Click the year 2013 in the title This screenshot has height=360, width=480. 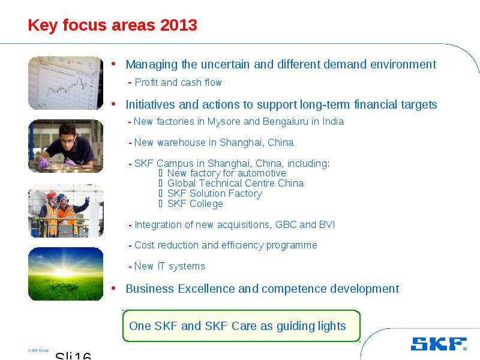pos(178,25)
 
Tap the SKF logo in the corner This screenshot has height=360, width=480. pos(439,344)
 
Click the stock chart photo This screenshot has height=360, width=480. pos(66,83)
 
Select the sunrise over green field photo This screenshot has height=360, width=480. pos(66,274)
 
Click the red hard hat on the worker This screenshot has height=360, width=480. pos(51,194)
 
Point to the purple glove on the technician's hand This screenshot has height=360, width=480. pos(44,163)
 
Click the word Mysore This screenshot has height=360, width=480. pos(224,122)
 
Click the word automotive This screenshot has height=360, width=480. pos(262,173)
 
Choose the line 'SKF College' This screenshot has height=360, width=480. pos(195,203)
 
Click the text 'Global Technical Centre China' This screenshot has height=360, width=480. pos(235,183)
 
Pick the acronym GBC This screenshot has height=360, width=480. pos(286,224)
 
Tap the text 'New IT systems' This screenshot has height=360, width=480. pos(170,266)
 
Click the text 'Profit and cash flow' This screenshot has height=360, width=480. pos(178,82)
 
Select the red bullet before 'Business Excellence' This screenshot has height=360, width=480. pos(113,288)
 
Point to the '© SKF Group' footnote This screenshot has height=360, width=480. pos(38,350)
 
